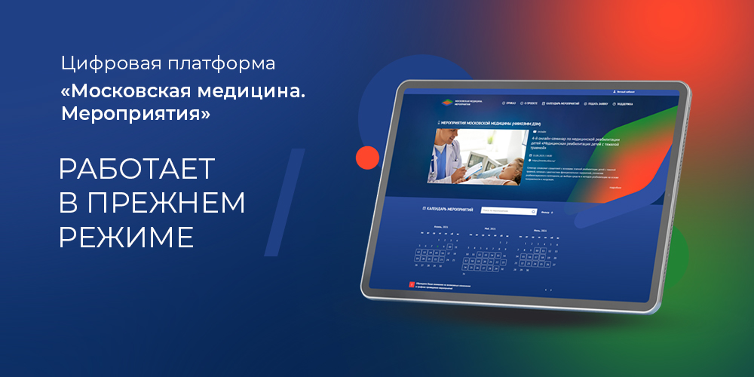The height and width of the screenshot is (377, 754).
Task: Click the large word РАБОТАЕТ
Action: coord(136,168)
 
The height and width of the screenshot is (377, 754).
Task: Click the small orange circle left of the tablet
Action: coord(367,157)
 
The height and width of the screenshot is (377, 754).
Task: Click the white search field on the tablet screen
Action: coord(508,212)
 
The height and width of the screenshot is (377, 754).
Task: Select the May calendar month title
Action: coord(491,227)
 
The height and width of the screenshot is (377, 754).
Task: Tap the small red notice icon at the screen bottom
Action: coord(402,285)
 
